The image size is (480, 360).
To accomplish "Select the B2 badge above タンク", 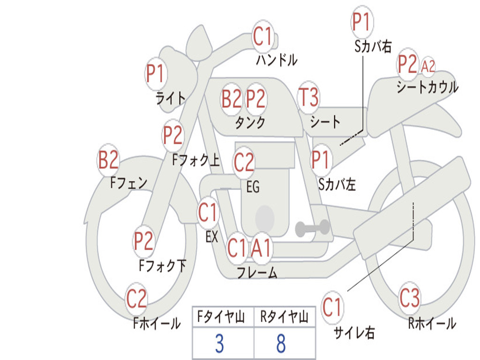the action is coord(232,99).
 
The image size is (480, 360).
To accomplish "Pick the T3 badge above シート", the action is coord(308,97).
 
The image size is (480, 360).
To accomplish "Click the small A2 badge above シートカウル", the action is coord(428,67).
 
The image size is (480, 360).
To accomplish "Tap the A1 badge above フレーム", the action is coord(261,248).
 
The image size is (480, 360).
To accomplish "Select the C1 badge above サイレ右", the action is coord(332,308).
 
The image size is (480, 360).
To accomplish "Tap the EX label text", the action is coord(212,237).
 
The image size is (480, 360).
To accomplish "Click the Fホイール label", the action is coord(157,323).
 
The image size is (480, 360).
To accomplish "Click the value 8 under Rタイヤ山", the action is coord(281,344).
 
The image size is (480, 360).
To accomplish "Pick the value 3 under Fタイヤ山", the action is coord(219,344).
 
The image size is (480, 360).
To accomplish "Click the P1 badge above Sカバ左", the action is coord(321,160).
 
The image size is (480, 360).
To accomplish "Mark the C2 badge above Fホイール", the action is coord(136,299).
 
